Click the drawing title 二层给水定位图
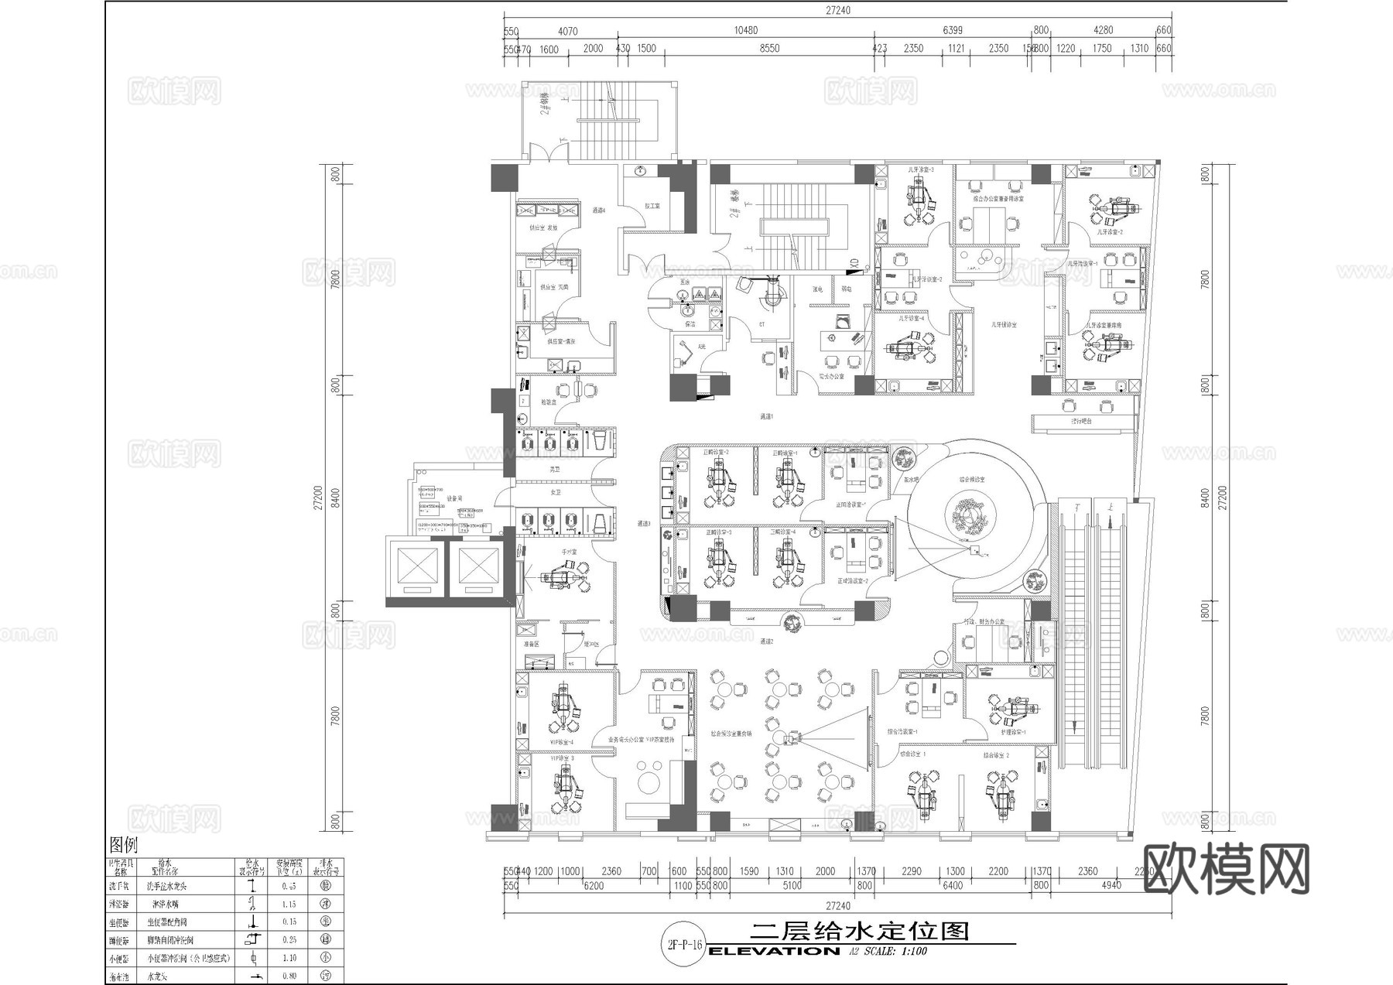[x=860, y=931]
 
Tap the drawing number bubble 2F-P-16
[x=683, y=945]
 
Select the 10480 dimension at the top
[x=745, y=30]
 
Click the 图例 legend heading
[x=123, y=844]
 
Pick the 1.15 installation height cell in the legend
[x=289, y=904]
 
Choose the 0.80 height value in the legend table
[x=289, y=976]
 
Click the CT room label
[x=762, y=324]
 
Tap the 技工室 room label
[x=652, y=206]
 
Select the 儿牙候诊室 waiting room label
[x=1004, y=325]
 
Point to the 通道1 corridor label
[x=766, y=416]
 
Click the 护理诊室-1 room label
[x=1013, y=731]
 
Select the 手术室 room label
[x=569, y=552]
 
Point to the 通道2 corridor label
[x=766, y=641]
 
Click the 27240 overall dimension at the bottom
[x=837, y=905]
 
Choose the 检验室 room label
[x=548, y=402]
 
